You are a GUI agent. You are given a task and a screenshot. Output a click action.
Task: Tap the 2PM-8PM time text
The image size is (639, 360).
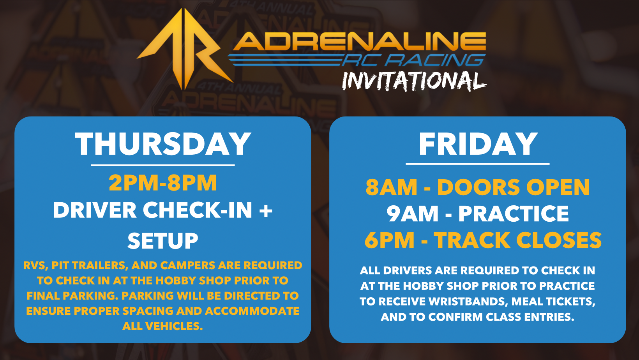pos(163,183)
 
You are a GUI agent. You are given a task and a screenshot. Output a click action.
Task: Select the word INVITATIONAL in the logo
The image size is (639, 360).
pos(414,81)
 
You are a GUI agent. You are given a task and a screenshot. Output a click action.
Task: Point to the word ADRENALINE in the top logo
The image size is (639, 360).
pos(360,41)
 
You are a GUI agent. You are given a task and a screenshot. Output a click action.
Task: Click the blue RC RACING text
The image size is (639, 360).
pos(414,60)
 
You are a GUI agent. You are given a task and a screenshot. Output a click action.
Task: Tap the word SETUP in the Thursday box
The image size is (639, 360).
pos(163,241)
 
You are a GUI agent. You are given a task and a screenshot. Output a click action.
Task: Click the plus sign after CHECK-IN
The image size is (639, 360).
pos(266,210)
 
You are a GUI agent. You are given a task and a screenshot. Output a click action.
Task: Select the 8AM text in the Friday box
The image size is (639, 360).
pos(391,187)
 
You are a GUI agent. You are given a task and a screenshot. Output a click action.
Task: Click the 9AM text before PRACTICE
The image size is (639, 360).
pos(412,214)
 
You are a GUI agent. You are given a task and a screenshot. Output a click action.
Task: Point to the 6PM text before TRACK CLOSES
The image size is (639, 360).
pos(389,240)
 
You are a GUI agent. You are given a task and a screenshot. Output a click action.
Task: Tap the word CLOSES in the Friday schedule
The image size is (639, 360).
pos(559,240)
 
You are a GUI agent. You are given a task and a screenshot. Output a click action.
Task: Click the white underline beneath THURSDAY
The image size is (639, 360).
pos(163,165)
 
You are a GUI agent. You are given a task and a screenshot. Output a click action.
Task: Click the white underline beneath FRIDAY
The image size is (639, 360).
pos(478,164)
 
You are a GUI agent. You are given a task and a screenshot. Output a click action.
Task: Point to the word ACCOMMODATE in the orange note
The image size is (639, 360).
pos(252,311)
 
